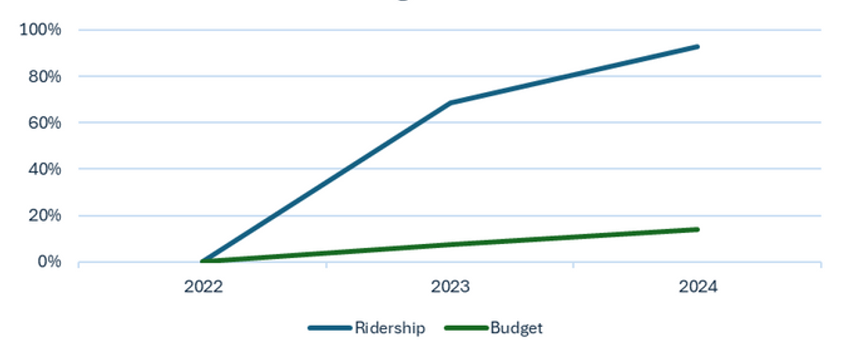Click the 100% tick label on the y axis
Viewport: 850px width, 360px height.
40,30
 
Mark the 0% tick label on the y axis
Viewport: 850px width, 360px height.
48,262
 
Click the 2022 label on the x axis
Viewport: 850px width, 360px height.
203,287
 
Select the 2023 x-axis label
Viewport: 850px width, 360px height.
450,287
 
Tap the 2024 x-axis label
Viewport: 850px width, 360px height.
697,287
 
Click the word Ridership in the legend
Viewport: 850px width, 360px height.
385,327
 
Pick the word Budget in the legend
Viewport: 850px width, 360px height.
517,327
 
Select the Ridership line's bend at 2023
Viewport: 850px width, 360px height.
450,103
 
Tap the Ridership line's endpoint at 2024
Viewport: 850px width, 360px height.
697,47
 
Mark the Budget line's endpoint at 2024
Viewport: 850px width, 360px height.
697,229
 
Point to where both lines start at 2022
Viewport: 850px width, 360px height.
203,262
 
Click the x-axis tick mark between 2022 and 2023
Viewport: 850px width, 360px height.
327,265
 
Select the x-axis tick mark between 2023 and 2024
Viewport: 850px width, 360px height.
574,265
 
